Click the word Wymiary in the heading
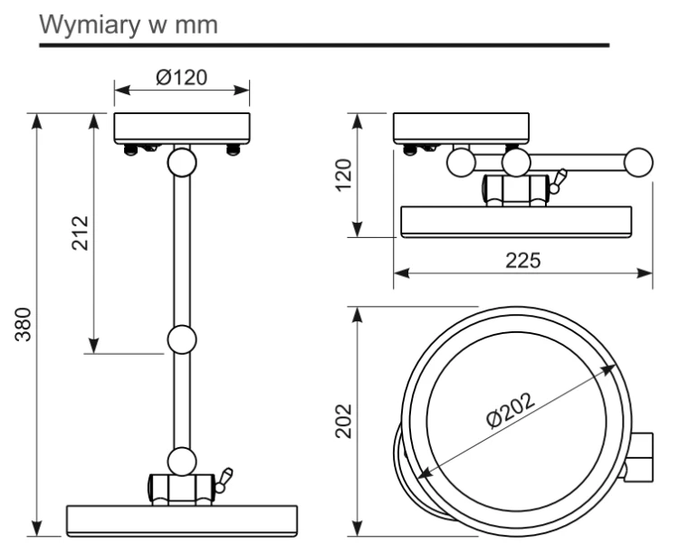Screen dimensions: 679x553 tap(90, 25)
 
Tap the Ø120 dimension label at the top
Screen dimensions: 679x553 tap(182, 78)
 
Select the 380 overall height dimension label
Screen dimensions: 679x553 tap(23, 324)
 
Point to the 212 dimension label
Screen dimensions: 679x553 tap(80, 233)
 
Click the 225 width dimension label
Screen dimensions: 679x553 tap(523, 261)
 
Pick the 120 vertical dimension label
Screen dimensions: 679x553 tap(344, 175)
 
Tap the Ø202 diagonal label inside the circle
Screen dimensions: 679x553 tap(510, 410)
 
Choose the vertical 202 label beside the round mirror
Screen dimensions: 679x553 tap(344, 421)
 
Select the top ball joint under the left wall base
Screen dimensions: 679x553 tap(182, 162)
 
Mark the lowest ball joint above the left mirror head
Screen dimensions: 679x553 tap(182, 462)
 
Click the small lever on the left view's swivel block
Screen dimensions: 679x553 tap(224, 480)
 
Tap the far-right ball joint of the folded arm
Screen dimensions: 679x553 tap(639, 162)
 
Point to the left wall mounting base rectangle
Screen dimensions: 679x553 tap(182, 129)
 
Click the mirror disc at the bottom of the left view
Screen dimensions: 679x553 tap(182, 521)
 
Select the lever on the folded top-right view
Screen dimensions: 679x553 tap(558, 181)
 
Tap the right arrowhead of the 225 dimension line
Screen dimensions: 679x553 tap(645, 273)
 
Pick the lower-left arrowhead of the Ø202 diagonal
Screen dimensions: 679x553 tap(425, 472)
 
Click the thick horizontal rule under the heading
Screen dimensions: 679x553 tap(324, 45)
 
